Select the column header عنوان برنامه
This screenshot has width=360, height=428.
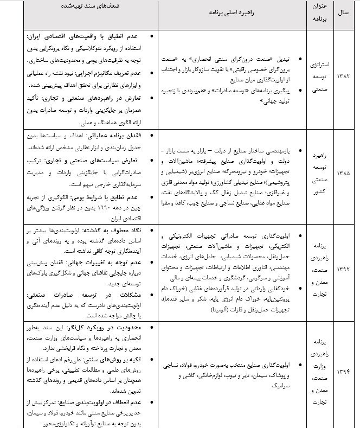[x=316, y=12]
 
